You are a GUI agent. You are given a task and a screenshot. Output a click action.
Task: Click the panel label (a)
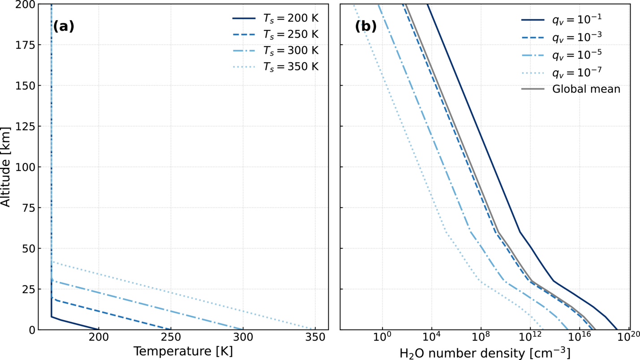point(64,26)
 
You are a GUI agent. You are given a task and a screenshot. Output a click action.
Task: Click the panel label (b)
point(366,26)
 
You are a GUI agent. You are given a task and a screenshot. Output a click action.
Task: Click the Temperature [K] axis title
point(183,351)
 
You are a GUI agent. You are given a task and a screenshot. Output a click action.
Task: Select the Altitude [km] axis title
point(5,167)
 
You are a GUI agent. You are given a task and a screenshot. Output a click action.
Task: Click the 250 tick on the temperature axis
point(171,338)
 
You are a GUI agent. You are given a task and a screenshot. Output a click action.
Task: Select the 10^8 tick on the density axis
point(481,337)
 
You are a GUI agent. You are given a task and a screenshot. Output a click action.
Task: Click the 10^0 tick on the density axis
point(382,337)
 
